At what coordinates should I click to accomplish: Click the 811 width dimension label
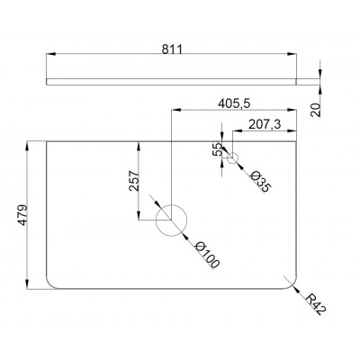[172, 49]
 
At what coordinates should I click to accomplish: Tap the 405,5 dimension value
[234, 103]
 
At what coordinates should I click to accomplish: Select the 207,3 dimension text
[265, 124]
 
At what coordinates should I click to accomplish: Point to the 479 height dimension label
[22, 215]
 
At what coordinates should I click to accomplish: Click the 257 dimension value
[134, 181]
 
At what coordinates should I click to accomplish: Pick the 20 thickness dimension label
[315, 110]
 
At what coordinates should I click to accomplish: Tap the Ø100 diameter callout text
[207, 255]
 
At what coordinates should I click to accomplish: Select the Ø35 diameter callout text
[260, 182]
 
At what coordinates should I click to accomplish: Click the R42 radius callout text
[315, 304]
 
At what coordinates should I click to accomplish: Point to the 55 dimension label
[217, 149]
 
